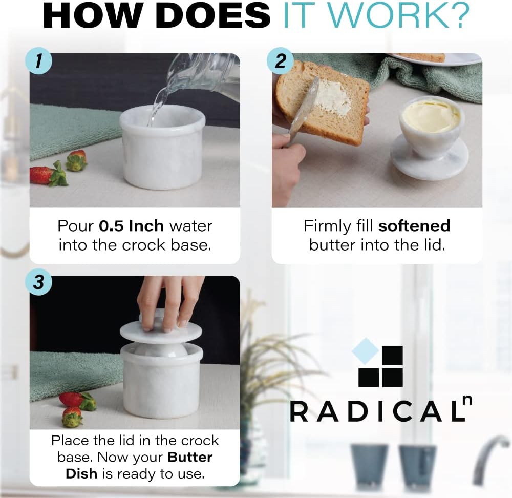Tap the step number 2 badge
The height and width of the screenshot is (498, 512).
(x=280, y=61)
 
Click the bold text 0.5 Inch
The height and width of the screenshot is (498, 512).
(x=132, y=226)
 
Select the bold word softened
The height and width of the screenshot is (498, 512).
(x=414, y=226)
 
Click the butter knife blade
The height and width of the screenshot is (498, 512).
(x=305, y=108)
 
